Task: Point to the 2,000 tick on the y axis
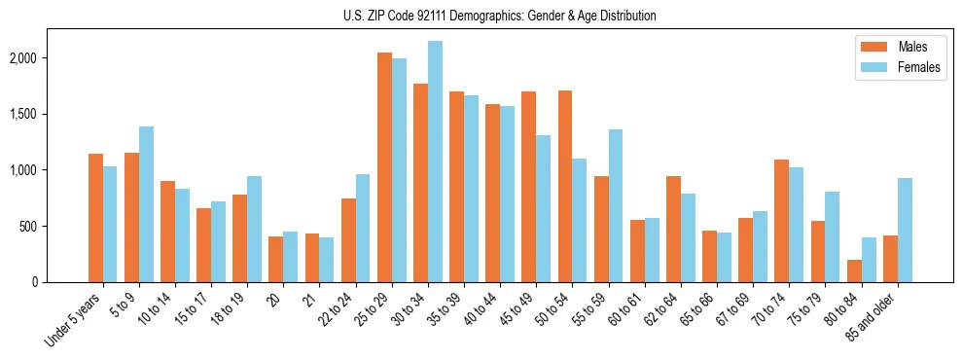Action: (x=49, y=58)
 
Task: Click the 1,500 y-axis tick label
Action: (x=49, y=114)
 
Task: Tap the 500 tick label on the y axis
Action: (x=54, y=227)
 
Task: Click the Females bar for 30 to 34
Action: (x=435, y=162)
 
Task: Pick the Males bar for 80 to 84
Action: (x=854, y=270)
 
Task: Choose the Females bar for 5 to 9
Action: (x=146, y=204)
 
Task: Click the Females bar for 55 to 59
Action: (x=616, y=205)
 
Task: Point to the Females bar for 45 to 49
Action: (x=543, y=208)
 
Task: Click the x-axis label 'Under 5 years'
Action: (x=74, y=321)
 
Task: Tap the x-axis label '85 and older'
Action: (x=873, y=319)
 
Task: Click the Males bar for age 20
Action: (x=276, y=259)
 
